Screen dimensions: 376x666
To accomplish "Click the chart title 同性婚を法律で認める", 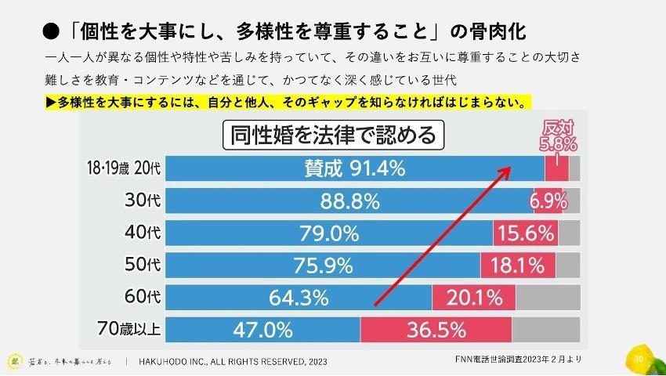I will coord(334,136).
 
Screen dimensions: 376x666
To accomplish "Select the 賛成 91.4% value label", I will coord(354,168).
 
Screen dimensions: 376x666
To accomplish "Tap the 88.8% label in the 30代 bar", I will coord(349,201).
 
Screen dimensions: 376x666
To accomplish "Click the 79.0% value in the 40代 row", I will coord(329,233).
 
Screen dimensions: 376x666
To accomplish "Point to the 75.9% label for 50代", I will coord(324,266).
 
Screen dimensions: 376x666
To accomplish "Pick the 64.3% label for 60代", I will coord(299,298).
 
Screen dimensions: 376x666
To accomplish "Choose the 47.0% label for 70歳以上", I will coord(262,330).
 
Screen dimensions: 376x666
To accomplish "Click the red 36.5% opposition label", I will coord(435,330).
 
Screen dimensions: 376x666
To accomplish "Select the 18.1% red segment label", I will coord(517,266).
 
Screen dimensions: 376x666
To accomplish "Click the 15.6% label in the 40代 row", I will coord(524,233).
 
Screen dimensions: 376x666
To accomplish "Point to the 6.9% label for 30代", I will coord(548,201).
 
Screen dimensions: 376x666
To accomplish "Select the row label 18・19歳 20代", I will coord(125,168).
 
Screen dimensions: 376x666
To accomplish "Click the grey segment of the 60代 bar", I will coord(548,298).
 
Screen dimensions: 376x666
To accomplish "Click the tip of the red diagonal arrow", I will coord(512,167).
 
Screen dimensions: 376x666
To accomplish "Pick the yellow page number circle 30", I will coord(639,359).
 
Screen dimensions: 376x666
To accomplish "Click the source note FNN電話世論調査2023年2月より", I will coord(518,359).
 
